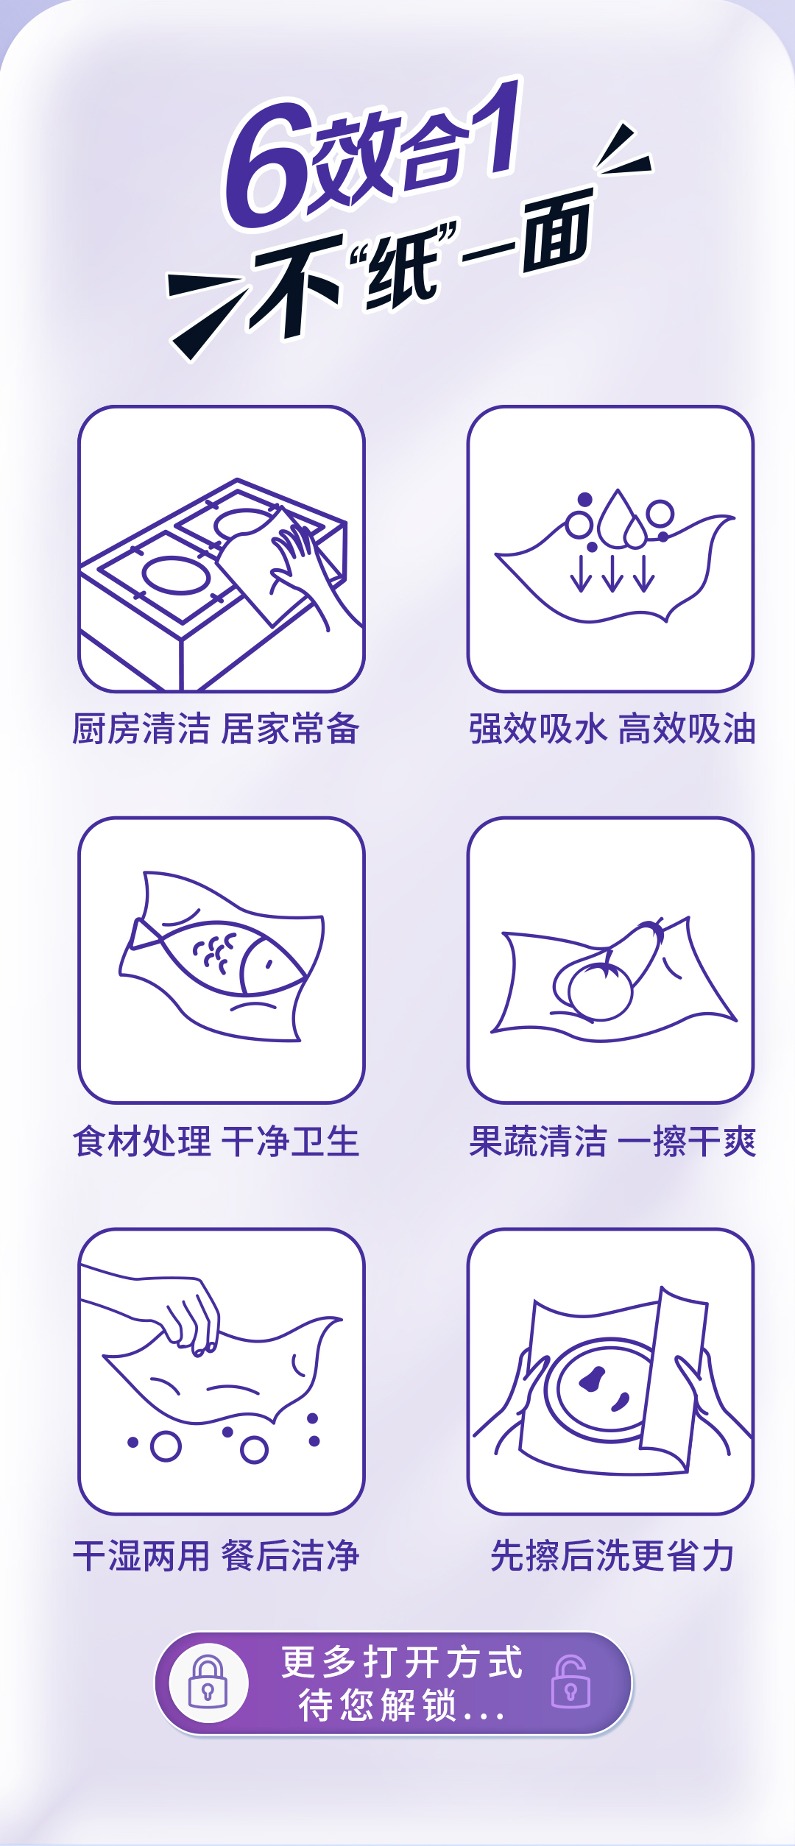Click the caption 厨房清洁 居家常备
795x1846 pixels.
216,729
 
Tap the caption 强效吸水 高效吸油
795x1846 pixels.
612,729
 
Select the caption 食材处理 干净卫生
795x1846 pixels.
216,1142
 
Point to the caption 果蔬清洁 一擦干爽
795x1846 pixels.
612,1142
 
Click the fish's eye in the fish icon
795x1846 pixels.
269,963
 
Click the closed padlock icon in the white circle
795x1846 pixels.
208,1682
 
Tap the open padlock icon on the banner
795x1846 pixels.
571,1682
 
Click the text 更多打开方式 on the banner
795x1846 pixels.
403,1662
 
